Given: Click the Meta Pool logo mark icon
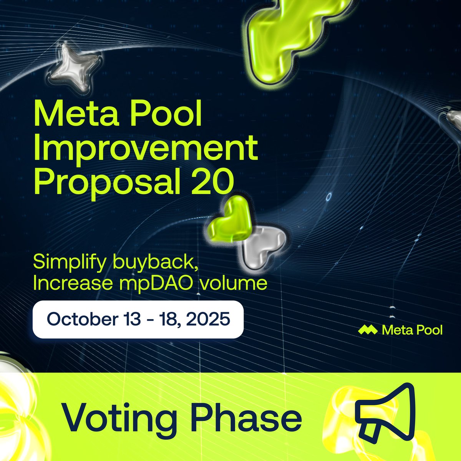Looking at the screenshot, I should [367, 330].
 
